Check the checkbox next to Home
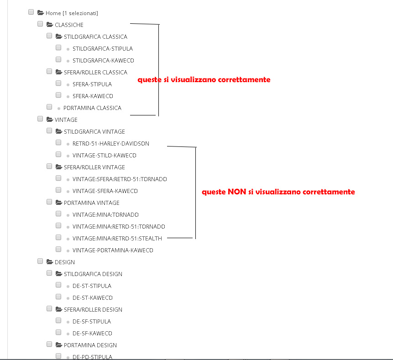[x=31, y=12]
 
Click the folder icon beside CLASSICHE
[x=50, y=25]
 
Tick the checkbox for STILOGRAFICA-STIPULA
[x=58, y=47]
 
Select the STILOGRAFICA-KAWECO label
[x=103, y=60]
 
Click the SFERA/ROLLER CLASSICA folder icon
[x=59, y=72]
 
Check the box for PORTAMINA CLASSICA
[x=49, y=107]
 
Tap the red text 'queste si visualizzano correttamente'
[x=204, y=79]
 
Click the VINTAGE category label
[x=66, y=120]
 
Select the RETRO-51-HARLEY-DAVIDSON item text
[x=110, y=143]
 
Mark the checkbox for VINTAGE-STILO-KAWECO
[x=58, y=154]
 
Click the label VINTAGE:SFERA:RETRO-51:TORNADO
[x=120, y=179]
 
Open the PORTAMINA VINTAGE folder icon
[x=59, y=203]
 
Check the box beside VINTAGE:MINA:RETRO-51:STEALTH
[x=58, y=237]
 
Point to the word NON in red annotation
[x=237, y=192]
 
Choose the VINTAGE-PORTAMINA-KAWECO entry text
[x=113, y=250]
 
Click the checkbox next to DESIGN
[x=40, y=261]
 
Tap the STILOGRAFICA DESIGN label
[x=93, y=274]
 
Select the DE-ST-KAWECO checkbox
[x=58, y=297]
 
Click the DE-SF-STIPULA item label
[x=92, y=321]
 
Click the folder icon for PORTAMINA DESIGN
[x=59, y=345]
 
